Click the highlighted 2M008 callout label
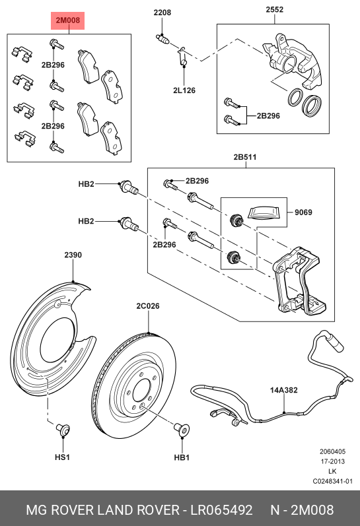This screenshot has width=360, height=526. point(67,20)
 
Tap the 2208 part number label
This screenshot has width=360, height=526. point(162,13)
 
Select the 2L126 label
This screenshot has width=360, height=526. point(184,90)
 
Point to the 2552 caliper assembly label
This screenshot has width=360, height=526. point(274,9)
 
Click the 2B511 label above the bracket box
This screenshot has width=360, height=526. point(245,157)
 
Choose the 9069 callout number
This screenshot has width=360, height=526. point(303,212)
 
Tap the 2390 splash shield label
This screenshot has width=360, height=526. point(73,255)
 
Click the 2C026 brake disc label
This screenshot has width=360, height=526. point(148,306)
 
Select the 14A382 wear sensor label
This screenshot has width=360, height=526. point(284,390)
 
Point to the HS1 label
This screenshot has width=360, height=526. point(62,457)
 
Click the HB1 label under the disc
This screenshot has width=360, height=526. point(182,457)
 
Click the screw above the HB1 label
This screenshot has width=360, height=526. point(182,430)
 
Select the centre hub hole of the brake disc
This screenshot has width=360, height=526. point(141,391)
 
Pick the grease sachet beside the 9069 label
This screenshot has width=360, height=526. point(264,213)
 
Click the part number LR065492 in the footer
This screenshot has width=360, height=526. point(222,510)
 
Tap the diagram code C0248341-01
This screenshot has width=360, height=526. point(333,481)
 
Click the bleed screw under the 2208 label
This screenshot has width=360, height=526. point(163,39)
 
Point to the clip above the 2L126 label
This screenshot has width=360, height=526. point(182,56)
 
